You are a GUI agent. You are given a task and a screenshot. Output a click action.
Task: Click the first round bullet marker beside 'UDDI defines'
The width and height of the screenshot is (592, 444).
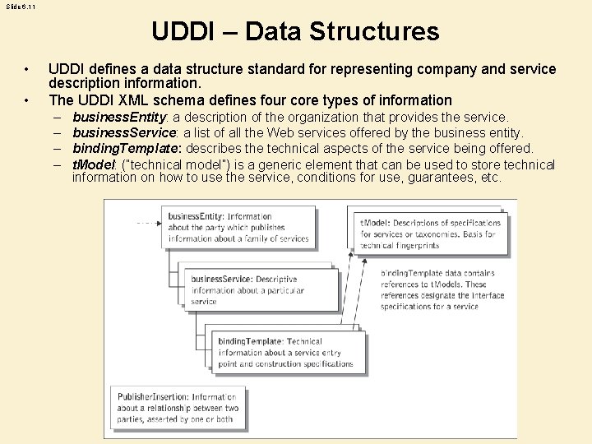[x=27, y=69]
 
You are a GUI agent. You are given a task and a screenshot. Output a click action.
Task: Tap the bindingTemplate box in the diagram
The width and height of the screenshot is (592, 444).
[x=284, y=352]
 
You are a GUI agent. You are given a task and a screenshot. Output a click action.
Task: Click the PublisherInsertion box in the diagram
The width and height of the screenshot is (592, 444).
[x=177, y=408]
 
